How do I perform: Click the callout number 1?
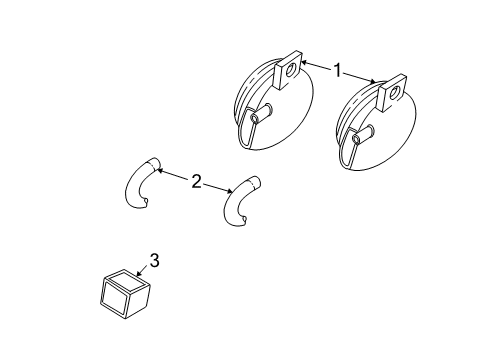(339, 71)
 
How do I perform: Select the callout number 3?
(154, 262)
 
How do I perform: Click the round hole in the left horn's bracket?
(291, 71)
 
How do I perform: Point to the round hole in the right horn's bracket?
(395, 94)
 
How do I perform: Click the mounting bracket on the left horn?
(290, 72)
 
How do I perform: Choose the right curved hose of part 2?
(239, 204)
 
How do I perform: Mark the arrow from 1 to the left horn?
(315, 66)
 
